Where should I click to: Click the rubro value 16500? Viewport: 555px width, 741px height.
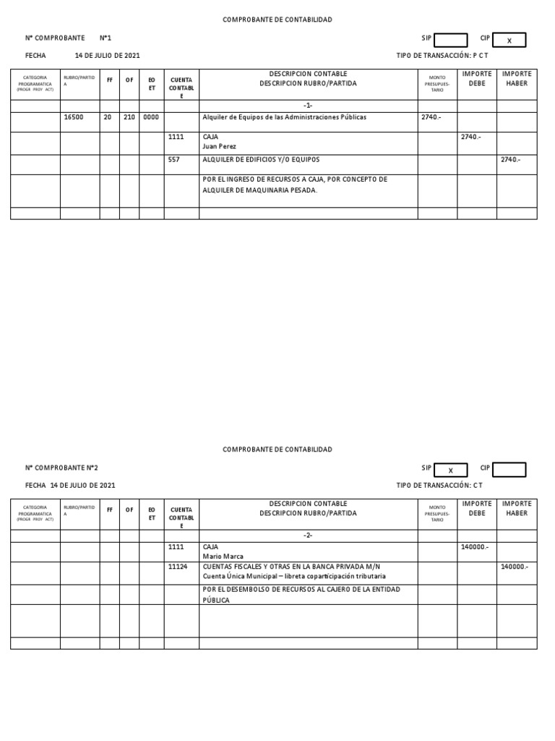(74, 117)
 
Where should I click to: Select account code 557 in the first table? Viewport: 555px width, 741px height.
(174, 159)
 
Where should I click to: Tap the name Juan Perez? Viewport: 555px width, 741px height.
(220, 146)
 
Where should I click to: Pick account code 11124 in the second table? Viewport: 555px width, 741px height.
(178, 567)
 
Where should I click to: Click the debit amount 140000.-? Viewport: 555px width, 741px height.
(475, 547)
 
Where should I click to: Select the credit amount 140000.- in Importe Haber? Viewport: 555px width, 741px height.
(514, 567)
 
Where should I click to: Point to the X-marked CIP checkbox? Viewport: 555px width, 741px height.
(509, 41)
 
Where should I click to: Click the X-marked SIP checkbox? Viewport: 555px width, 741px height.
(450, 470)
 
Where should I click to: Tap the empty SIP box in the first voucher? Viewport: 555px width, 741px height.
(450, 41)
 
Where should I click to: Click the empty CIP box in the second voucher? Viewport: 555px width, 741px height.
(509, 470)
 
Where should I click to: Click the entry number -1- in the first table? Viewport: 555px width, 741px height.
(309, 106)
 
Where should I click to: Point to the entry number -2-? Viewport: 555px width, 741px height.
(309, 535)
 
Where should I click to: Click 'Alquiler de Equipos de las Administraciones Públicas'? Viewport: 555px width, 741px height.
(285, 117)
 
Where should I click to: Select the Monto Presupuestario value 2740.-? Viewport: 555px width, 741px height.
(431, 117)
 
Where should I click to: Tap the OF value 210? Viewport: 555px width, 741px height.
(129, 117)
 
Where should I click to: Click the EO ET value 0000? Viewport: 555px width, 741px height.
(151, 117)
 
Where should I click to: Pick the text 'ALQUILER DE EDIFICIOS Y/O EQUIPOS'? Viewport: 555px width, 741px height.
(261, 159)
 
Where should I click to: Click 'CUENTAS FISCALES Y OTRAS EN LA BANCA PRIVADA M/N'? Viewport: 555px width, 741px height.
(292, 567)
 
